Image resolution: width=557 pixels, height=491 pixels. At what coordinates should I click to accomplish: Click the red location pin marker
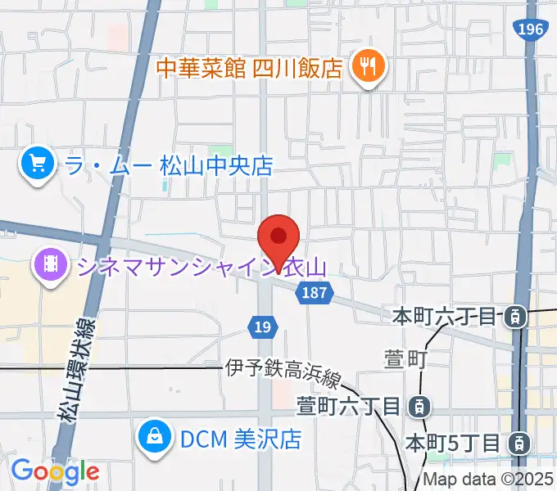(x=278, y=238)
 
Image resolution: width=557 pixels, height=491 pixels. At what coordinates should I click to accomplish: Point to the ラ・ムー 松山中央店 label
(x=167, y=166)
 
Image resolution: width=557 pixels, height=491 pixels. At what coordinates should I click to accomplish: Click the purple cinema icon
(x=51, y=266)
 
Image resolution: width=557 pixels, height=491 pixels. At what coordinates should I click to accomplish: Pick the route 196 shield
(x=530, y=29)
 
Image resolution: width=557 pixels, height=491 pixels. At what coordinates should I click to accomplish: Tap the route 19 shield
(x=261, y=327)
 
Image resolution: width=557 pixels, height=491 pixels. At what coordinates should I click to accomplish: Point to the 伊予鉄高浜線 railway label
(x=283, y=369)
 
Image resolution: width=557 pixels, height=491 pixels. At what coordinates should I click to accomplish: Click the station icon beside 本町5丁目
(x=518, y=444)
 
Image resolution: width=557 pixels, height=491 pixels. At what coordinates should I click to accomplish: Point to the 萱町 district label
(x=402, y=358)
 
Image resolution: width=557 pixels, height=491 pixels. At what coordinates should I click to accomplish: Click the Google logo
(x=55, y=471)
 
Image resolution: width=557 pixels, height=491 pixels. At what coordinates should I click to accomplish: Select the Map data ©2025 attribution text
(x=488, y=480)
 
